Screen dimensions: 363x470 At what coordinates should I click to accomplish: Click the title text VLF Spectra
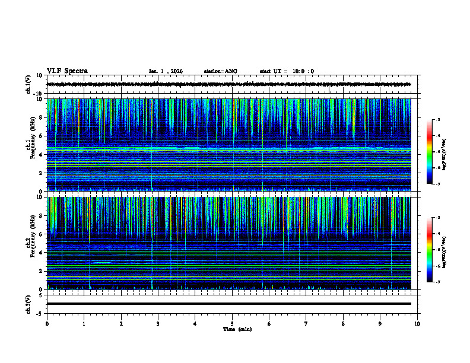click(67, 71)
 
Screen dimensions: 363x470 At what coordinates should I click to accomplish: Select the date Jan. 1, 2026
click(166, 71)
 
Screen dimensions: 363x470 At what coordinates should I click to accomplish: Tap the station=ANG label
click(220, 71)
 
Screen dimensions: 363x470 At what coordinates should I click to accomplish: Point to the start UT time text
click(287, 71)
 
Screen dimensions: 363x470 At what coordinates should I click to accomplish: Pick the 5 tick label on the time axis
click(232, 323)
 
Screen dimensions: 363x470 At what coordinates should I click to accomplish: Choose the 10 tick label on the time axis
click(417, 323)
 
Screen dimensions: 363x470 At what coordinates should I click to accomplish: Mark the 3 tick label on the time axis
click(158, 323)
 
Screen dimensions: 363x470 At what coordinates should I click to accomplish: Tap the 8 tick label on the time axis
click(343, 323)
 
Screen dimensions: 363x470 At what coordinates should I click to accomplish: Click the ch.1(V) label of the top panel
click(28, 84)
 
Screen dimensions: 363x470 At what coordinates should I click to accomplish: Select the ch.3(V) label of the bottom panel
click(28, 303)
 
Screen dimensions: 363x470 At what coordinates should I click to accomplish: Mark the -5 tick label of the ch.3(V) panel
click(39, 313)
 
